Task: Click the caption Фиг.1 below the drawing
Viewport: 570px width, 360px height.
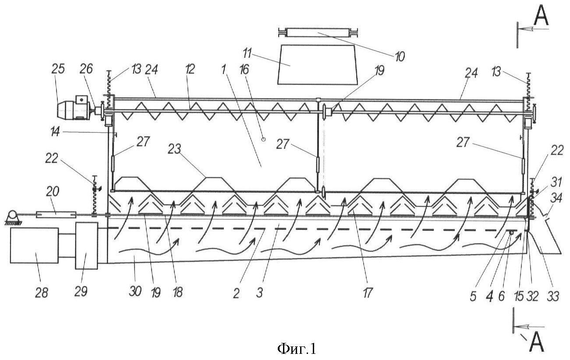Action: pos(296,349)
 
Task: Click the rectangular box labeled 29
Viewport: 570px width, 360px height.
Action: pos(87,245)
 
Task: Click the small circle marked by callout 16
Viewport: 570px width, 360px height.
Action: pos(263,139)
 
